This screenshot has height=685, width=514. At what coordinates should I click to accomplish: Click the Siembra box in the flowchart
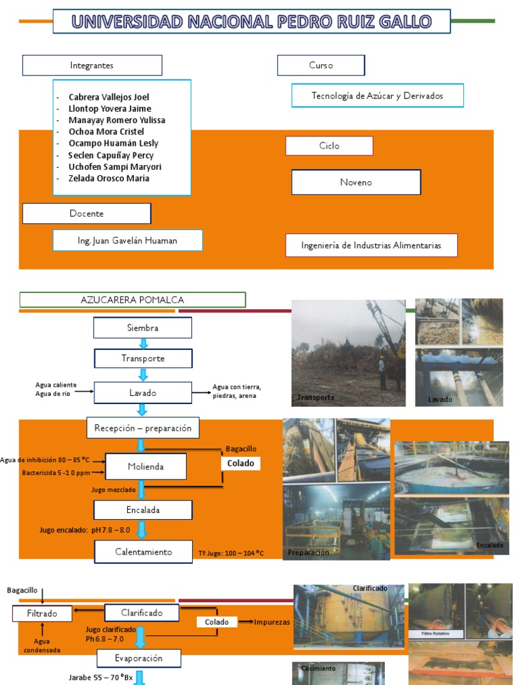point(143,328)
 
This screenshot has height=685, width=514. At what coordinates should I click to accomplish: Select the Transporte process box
point(143,359)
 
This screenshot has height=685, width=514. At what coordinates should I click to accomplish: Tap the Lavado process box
point(143,393)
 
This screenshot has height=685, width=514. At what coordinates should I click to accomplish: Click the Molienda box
point(145,466)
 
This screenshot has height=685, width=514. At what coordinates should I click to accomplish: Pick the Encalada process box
point(143,510)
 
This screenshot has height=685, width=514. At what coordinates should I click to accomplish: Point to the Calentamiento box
point(143,552)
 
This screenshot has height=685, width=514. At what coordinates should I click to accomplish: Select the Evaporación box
point(139,658)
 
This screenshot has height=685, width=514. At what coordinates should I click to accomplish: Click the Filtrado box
point(41,613)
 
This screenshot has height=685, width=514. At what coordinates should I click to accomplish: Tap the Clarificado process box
point(142,612)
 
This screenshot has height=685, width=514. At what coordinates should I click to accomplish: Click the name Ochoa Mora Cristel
point(106,132)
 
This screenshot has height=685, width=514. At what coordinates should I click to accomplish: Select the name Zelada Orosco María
point(108,179)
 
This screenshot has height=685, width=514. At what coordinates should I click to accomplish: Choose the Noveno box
point(356,182)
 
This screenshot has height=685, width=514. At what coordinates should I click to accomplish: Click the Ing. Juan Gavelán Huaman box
point(127,240)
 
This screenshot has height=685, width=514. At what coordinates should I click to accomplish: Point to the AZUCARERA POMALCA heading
point(133,300)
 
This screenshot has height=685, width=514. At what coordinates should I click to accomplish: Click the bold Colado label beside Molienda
point(240,463)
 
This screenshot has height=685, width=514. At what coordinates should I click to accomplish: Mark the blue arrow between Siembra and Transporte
point(143,344)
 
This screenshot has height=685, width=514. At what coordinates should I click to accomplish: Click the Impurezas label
point(272,622)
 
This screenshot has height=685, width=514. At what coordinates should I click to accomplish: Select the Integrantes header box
point(92,66)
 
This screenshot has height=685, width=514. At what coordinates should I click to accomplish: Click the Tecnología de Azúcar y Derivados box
point(377,96)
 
